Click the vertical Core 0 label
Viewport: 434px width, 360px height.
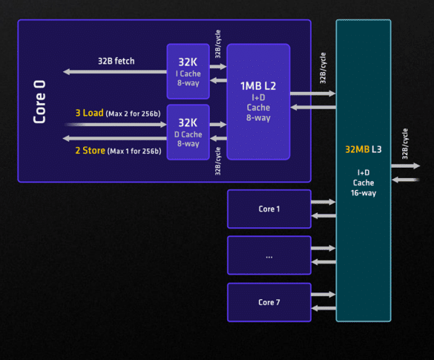(39, 102)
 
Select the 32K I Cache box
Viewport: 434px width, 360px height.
(188, 71)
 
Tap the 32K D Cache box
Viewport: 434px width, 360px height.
(188, 132)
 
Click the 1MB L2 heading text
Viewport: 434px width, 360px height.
(258, 86)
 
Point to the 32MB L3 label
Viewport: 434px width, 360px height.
(364, 149)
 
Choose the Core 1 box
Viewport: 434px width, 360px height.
(269, 209)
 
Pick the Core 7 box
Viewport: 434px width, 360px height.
(269, 302)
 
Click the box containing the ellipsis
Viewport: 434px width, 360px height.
(269, 255)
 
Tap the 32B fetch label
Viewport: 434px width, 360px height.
(116, 61)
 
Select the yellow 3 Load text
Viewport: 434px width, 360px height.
(90, 113)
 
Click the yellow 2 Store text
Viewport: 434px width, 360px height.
(91, 151)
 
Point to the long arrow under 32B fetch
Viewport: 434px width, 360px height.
(115, 72)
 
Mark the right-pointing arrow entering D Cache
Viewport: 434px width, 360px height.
(116, 125)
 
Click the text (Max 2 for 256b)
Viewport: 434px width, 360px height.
(133, 114)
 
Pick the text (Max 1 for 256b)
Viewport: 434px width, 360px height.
(134, 151)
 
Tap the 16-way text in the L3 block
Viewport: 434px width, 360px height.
(364, 193)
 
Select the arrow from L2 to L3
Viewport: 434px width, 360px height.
(313, 94)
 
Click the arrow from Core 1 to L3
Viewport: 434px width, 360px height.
(323, 202)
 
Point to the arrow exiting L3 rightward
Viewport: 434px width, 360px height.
(406, 166)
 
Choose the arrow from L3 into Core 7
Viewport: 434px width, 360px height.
(323, 308)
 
